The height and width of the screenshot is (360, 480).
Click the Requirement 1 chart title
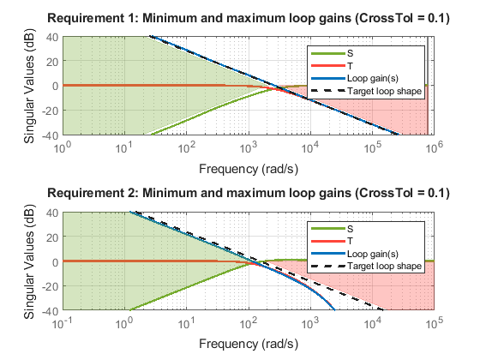(x=249, y=18)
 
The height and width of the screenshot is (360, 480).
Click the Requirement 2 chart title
(x=249, y=194)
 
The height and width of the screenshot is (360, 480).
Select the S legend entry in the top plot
(x=351, y=53)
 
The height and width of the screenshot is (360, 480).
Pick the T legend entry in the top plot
(x=350, y=66)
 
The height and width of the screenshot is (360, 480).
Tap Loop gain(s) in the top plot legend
(x=373, y=78)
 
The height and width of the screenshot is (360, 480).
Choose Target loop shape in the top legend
(x=385, y=91)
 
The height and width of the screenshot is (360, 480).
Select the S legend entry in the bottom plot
(x=351, y=229)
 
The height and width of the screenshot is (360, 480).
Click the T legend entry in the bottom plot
(x=350, y=241)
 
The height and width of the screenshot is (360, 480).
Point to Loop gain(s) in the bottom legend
(x=373, y=254)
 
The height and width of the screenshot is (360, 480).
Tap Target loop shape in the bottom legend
(x=385, y=266)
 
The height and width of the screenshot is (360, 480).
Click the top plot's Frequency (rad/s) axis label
(x=249, y=169)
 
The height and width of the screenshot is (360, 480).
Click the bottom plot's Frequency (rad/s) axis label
(x=249, y=344)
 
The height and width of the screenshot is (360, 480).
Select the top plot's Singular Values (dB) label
(x=29, y=86)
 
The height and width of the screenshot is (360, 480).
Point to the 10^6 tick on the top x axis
(x=435, y=147)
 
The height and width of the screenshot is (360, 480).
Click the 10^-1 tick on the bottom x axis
(x=63, y=322)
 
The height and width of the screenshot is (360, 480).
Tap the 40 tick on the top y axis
(x=52, y=38)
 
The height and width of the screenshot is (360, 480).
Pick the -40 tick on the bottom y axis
(x=50, y=311)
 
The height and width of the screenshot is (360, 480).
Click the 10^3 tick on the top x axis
(x=249, y=147)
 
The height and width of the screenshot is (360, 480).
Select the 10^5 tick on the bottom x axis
(x=435, y=322)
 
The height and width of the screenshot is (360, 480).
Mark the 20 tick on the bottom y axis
(x=52, y=237)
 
